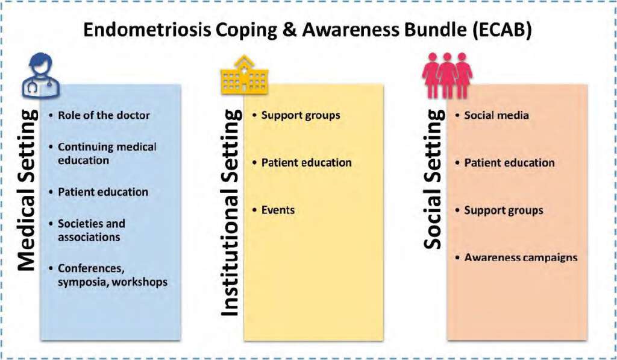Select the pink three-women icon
click(447, 75)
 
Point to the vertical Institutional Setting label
click(231, 212)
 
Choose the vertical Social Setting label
click(434, 179)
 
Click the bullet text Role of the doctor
click(104, 115)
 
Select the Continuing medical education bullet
click(107, 154)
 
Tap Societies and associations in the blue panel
click(92, 230)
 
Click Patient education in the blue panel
click(103, 192)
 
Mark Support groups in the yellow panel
click(301, 115)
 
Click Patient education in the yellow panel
click(306, 163)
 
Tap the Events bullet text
click(278, 210)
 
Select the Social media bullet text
click(496, 115)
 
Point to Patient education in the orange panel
click(509, 163)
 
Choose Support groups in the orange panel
click(504, 210)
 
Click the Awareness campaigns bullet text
click(521, 257)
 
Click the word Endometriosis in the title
click(147, 30)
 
